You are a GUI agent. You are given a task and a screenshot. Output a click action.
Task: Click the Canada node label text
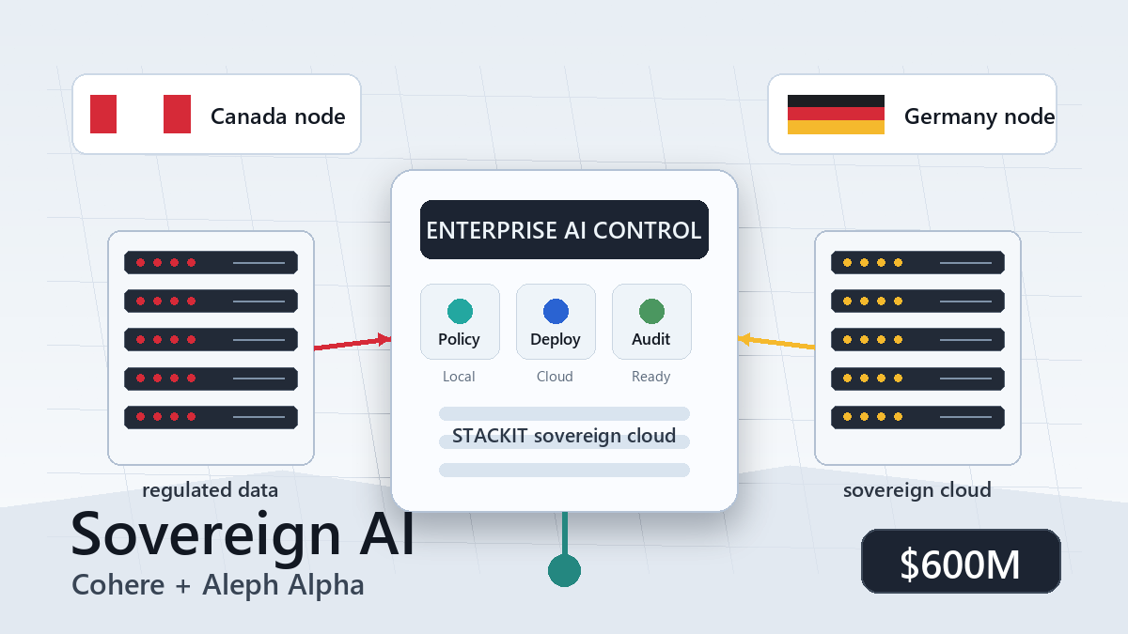pyautogui.click(x=277, y=116)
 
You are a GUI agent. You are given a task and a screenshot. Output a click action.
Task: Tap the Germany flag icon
pyautogui.click(x=836, y=115)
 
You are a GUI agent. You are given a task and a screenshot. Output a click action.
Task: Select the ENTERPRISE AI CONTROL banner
pyautogui.click(x=564, y=230)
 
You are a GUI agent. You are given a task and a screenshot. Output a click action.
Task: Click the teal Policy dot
pyautogui.click(x=460, y=311)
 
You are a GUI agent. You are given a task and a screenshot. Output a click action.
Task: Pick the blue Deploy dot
pyautogui.click(x=556, y=311)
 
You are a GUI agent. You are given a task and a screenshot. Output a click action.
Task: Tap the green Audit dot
pyautogui.click(x=651, y=311)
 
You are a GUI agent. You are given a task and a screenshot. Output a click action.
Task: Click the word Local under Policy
pyautogui.click(x=459, y=377)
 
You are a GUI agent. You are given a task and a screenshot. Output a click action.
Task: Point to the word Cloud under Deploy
pyautogui.click(x=555, y=377)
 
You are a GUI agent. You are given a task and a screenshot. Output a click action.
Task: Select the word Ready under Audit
pyautogui.click(x=650, y=377)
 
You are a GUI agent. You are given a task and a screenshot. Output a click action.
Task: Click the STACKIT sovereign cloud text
pyautogui.click(x=564, y=436)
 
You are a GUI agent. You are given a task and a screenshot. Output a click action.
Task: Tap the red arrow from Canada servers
pyautogui.click(x=352, y=344)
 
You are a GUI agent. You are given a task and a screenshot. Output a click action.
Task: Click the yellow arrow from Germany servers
pyautogui.click(x=776, y=343)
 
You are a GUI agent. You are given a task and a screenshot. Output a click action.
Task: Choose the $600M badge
pyautogui.click(x=961, y=562)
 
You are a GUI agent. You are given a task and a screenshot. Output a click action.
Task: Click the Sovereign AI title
pyautogui.click(x=243, y=533)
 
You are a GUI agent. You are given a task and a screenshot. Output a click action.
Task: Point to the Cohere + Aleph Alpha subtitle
pyautogui.click(x=218, y=585)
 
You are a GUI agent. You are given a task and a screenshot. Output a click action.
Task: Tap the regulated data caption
pyautogui.click(x=211, y=490)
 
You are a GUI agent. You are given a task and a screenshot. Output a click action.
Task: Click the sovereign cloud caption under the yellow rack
pyautogui.click(x=917, y=490)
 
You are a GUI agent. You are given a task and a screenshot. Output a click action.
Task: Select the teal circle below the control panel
pyautogui.click(x=564, y=570)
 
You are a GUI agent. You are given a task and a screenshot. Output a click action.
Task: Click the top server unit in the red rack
pyautogui.click(x=211, y=262)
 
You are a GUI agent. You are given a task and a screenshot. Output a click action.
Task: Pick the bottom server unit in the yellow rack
pyautogui.click(x=917, y=416)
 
